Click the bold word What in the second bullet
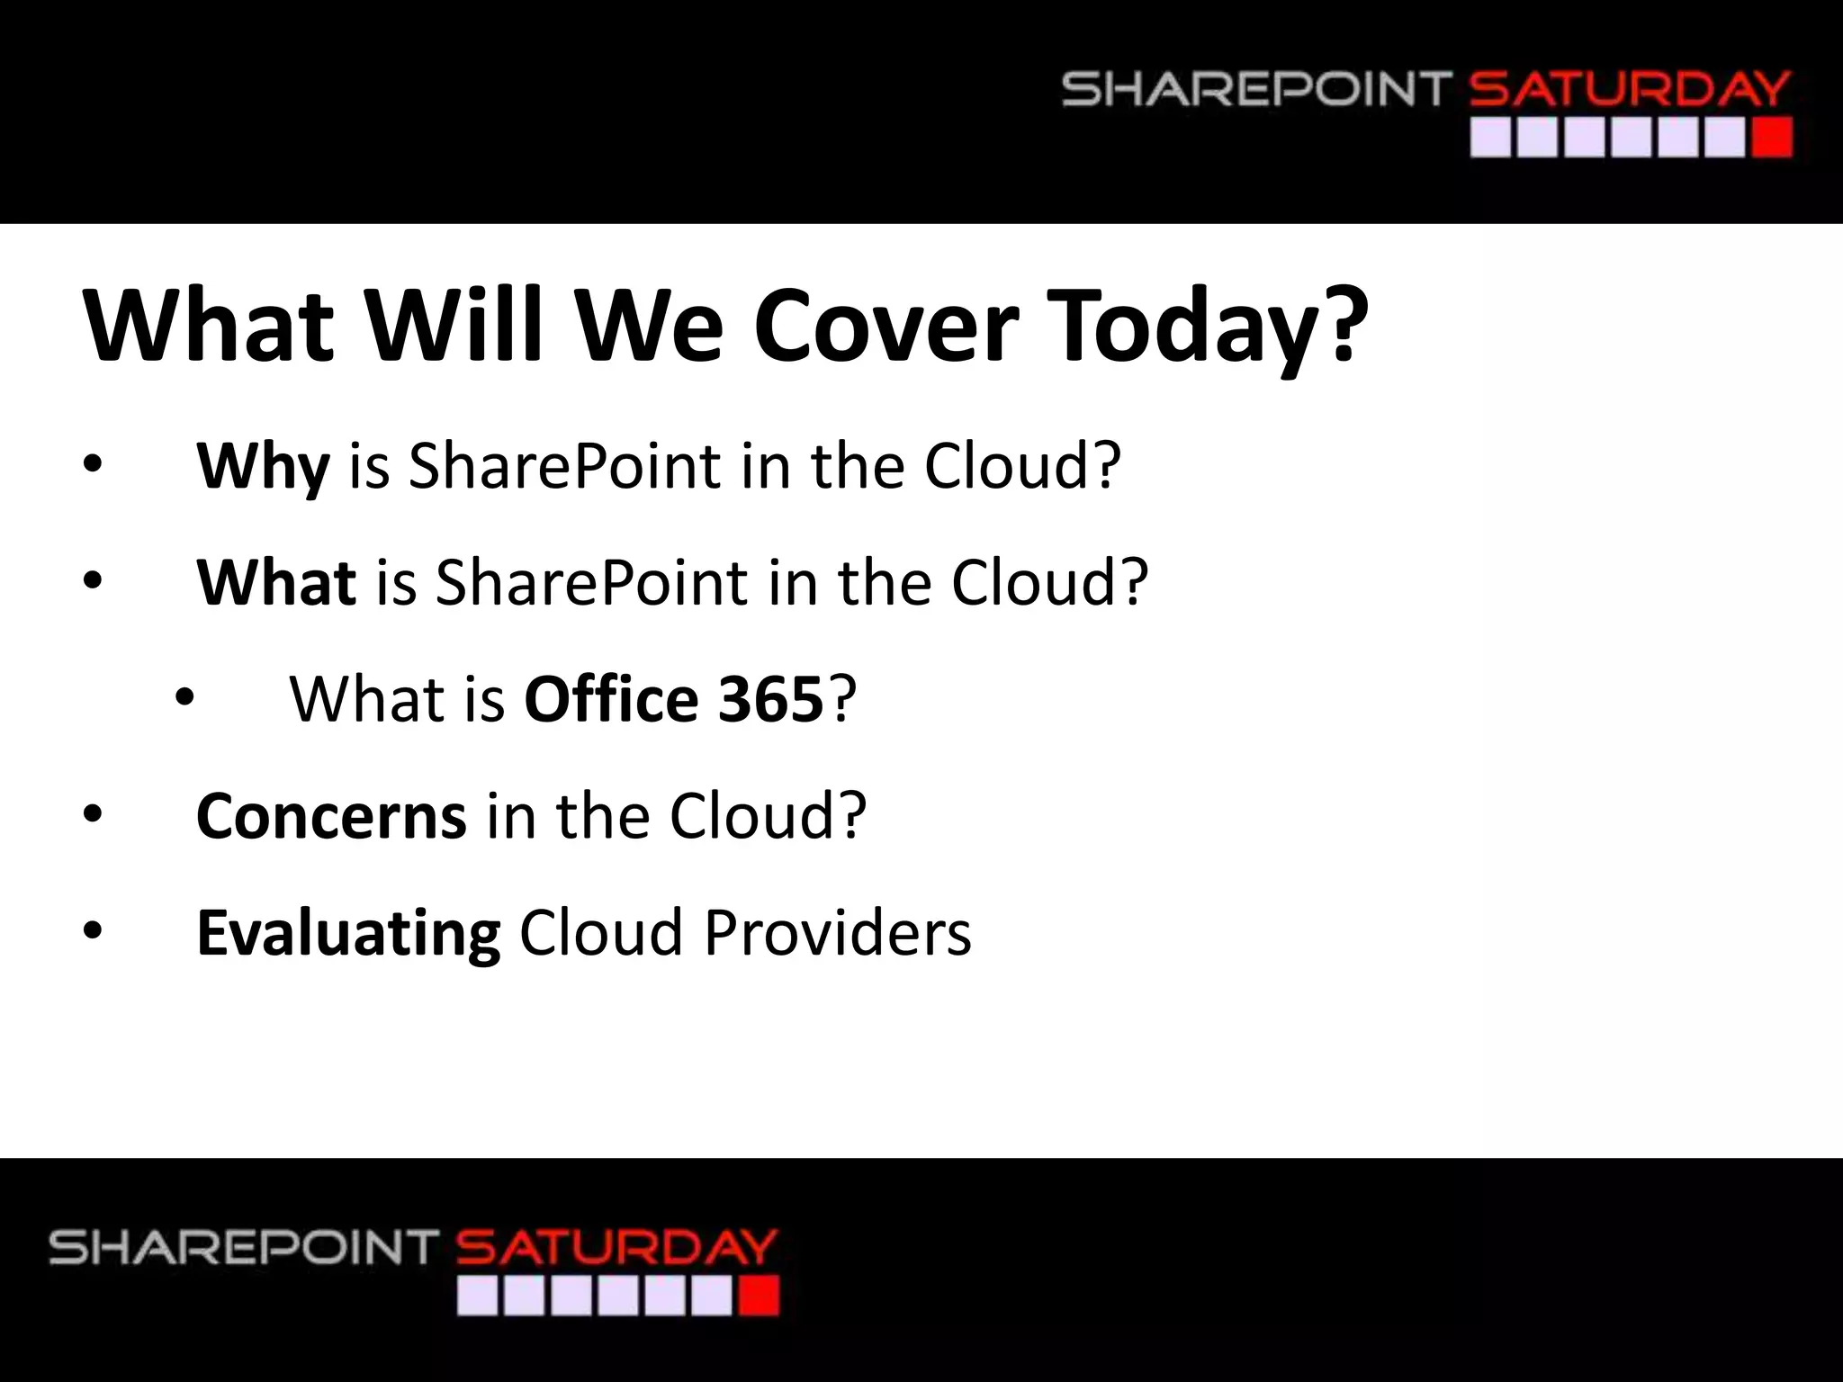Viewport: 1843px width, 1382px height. coord(276,582)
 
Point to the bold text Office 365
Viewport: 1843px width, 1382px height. coord(673,699)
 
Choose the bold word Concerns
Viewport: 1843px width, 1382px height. coord(331,815)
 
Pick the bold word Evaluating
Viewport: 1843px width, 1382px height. coord(348,933)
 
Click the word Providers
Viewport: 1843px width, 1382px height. coord(837,932)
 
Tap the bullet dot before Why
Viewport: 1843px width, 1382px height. coord(93,464)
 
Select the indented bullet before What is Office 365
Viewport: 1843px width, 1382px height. coord(184,697)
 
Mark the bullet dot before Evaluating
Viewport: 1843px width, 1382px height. coord(93,930)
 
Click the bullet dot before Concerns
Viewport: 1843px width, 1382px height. coord(93,813)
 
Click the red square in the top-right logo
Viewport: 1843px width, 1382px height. coord(1771,139)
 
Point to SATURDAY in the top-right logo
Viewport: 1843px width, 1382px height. coord(1629,90)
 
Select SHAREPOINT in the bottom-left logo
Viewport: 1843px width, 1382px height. coord(243,1248)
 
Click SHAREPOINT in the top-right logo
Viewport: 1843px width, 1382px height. coord(1256,90)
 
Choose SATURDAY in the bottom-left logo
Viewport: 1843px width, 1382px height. coord(616,1248)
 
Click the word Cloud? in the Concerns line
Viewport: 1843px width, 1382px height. coord(767,815)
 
